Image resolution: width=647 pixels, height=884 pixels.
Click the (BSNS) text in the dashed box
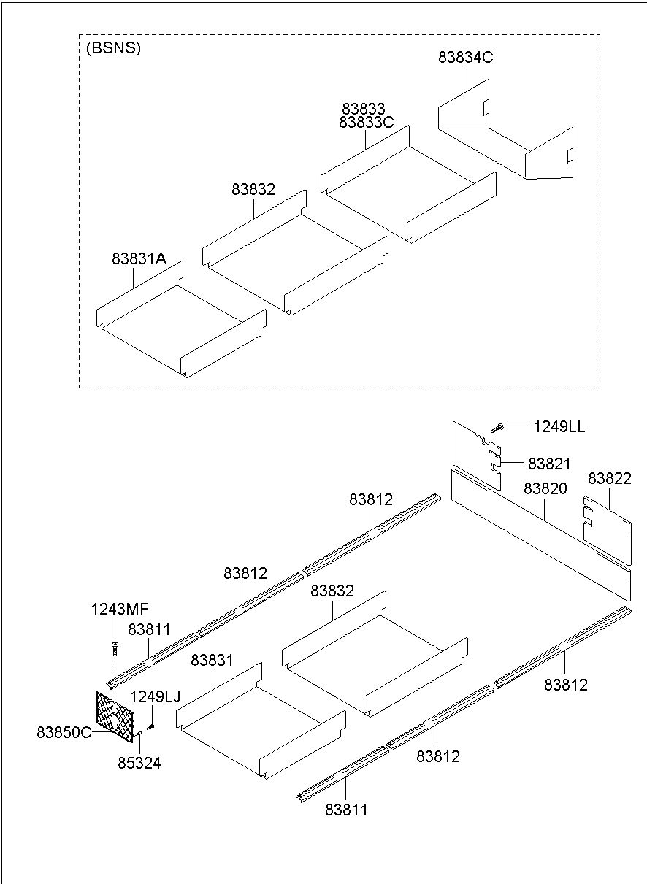click(x=113, y=48)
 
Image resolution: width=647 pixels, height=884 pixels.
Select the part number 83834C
click(x=465, y=58)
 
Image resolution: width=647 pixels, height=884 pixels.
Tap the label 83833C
click(x=366, y=123)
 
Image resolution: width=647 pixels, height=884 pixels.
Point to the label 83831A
click(x=139, y=259)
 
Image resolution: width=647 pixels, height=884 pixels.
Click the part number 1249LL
click(x=559, y=426)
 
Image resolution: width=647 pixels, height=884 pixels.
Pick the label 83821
click(x=549, y=464)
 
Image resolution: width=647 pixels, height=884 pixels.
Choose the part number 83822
click(x=610, y=478)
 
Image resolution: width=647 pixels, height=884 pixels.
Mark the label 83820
click(x=545, y=488)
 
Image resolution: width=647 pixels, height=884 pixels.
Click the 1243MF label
click(x=120, y=609)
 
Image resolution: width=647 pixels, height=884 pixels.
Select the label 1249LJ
click(x=155, y=697)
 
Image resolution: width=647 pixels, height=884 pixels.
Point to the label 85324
click(x=139, y=764)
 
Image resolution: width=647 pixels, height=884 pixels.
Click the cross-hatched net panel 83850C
click(x=115, y=717)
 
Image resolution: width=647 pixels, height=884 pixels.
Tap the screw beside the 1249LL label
click(x=497, y=427)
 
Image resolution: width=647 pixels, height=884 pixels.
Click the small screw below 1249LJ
click(x=150, y=726)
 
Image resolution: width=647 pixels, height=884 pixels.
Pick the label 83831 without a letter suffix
click(x=212, y=660)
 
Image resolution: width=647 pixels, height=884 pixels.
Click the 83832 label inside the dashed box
click(x=253, y=190)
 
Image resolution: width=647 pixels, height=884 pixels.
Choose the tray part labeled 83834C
click(x=505, y=129)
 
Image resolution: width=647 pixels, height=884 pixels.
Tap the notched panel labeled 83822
click(x=607, y=531)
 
